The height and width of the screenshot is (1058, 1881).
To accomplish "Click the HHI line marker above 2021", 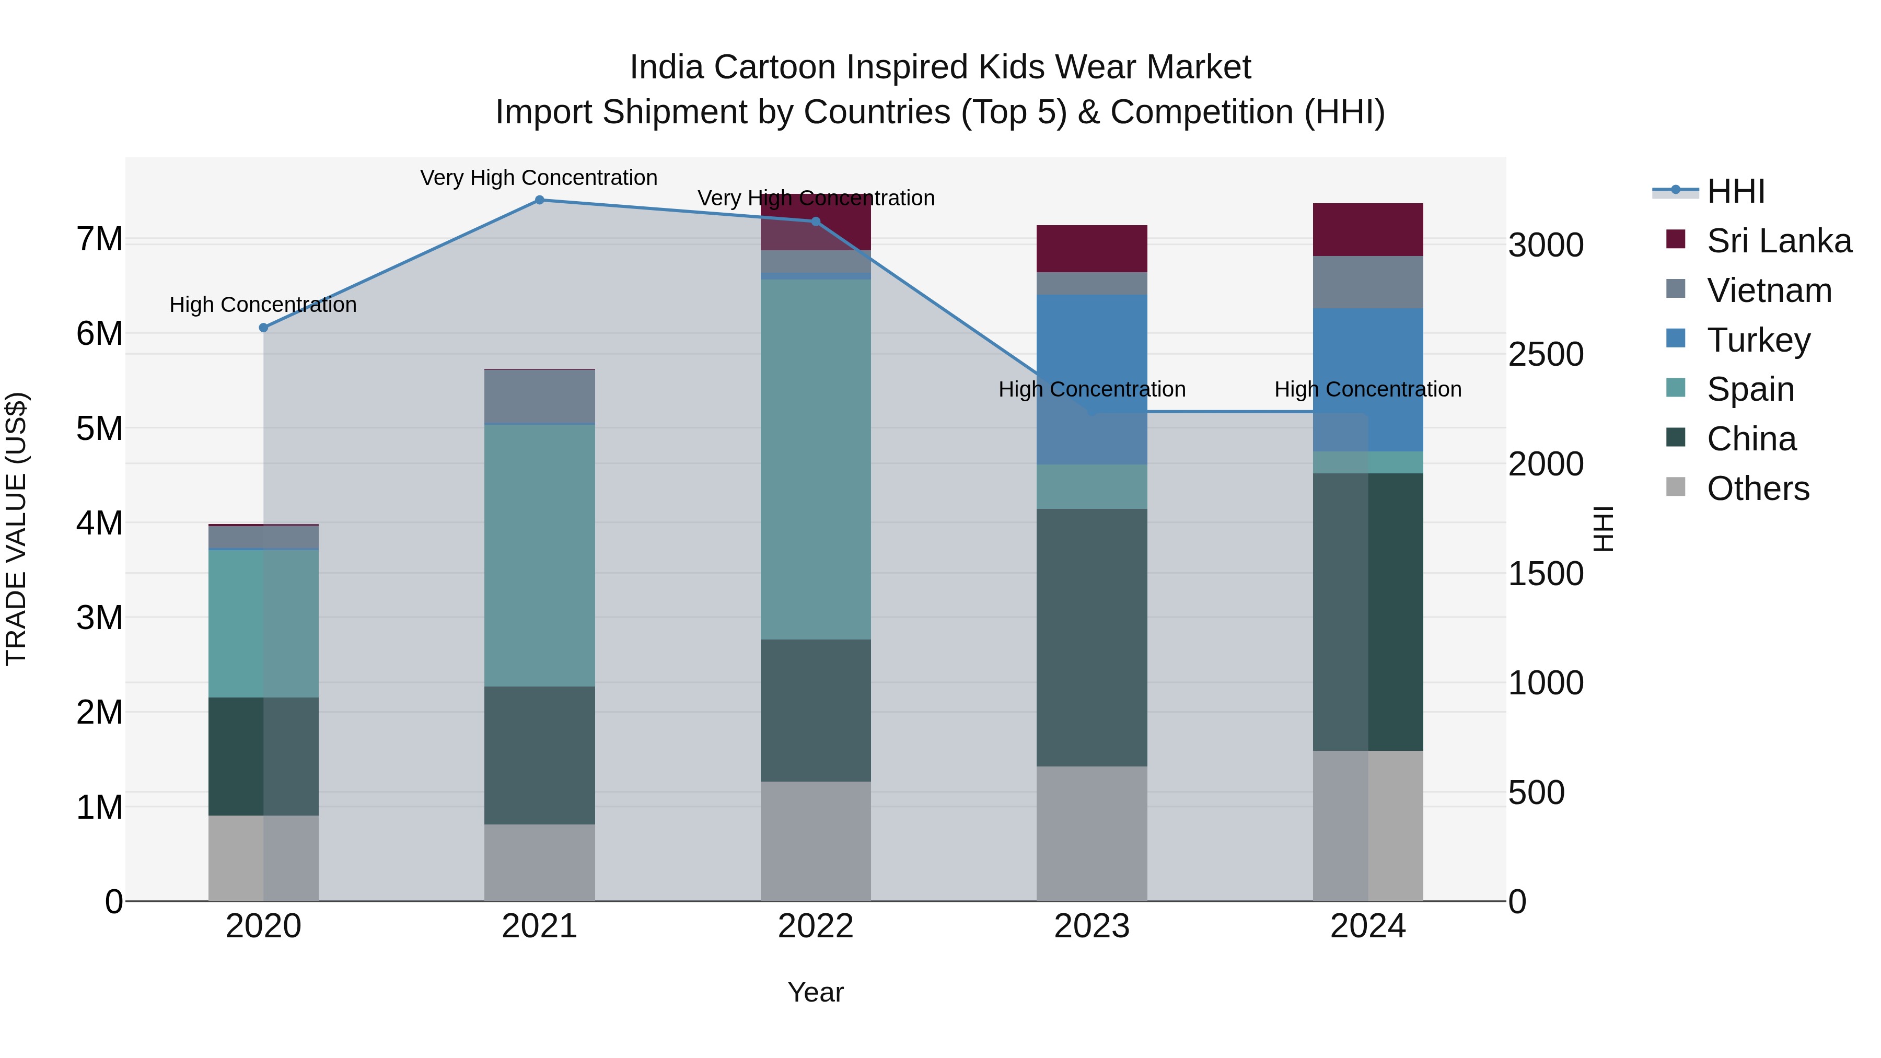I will click(x=540, y=200).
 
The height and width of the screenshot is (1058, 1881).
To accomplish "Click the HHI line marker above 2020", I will click(x=264, y=328).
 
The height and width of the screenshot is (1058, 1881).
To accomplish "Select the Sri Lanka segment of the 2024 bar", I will click(x=1368, y=229).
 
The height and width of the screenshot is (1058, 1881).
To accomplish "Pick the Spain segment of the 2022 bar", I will click(x=816, y=459).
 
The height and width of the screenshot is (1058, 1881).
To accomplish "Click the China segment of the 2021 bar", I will click(x=540, y=755).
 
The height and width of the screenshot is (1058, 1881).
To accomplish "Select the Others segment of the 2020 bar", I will click(x=264, y=858).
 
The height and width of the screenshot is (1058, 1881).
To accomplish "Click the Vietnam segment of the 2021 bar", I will click(x=540, y=397).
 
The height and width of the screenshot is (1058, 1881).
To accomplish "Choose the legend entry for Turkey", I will click(x=1758, y=340).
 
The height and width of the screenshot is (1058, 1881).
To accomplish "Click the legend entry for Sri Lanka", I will click(x=1779, y=241).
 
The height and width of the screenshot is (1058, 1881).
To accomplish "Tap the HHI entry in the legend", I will click(x=1736, y=191).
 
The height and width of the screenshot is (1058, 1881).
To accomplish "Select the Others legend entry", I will click(x=1758, y=489).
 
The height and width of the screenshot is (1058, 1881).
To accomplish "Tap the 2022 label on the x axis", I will click(x=816, y=926).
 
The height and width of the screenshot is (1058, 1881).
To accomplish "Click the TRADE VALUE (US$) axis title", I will click(x=16, y=529).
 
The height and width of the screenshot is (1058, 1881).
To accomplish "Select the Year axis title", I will click(x=816, y=992).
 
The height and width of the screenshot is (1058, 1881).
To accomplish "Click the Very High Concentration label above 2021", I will click(x=539, y=178).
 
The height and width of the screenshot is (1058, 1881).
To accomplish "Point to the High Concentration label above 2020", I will click(x=263, y=305).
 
